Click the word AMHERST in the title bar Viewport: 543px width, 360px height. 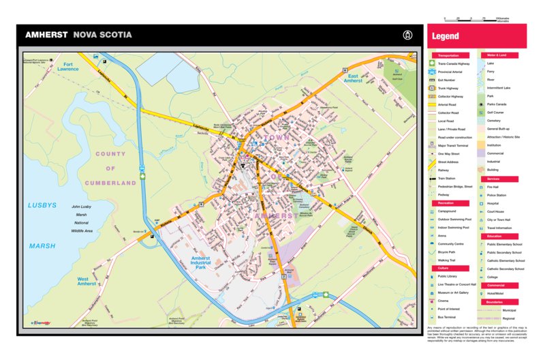point(46,35)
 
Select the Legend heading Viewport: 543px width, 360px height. point(446,36)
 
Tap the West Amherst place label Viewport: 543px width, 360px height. point(87,282)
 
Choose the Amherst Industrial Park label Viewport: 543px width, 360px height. point(201,262)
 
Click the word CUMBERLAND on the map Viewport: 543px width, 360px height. point(110,183)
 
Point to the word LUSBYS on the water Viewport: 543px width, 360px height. point(42,205)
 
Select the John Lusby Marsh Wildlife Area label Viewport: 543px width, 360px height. point(82,219)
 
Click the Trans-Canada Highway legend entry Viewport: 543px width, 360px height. point(454,63)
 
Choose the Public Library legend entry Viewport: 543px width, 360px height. point(447,275)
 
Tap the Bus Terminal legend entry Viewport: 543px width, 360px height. point(447,317)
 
